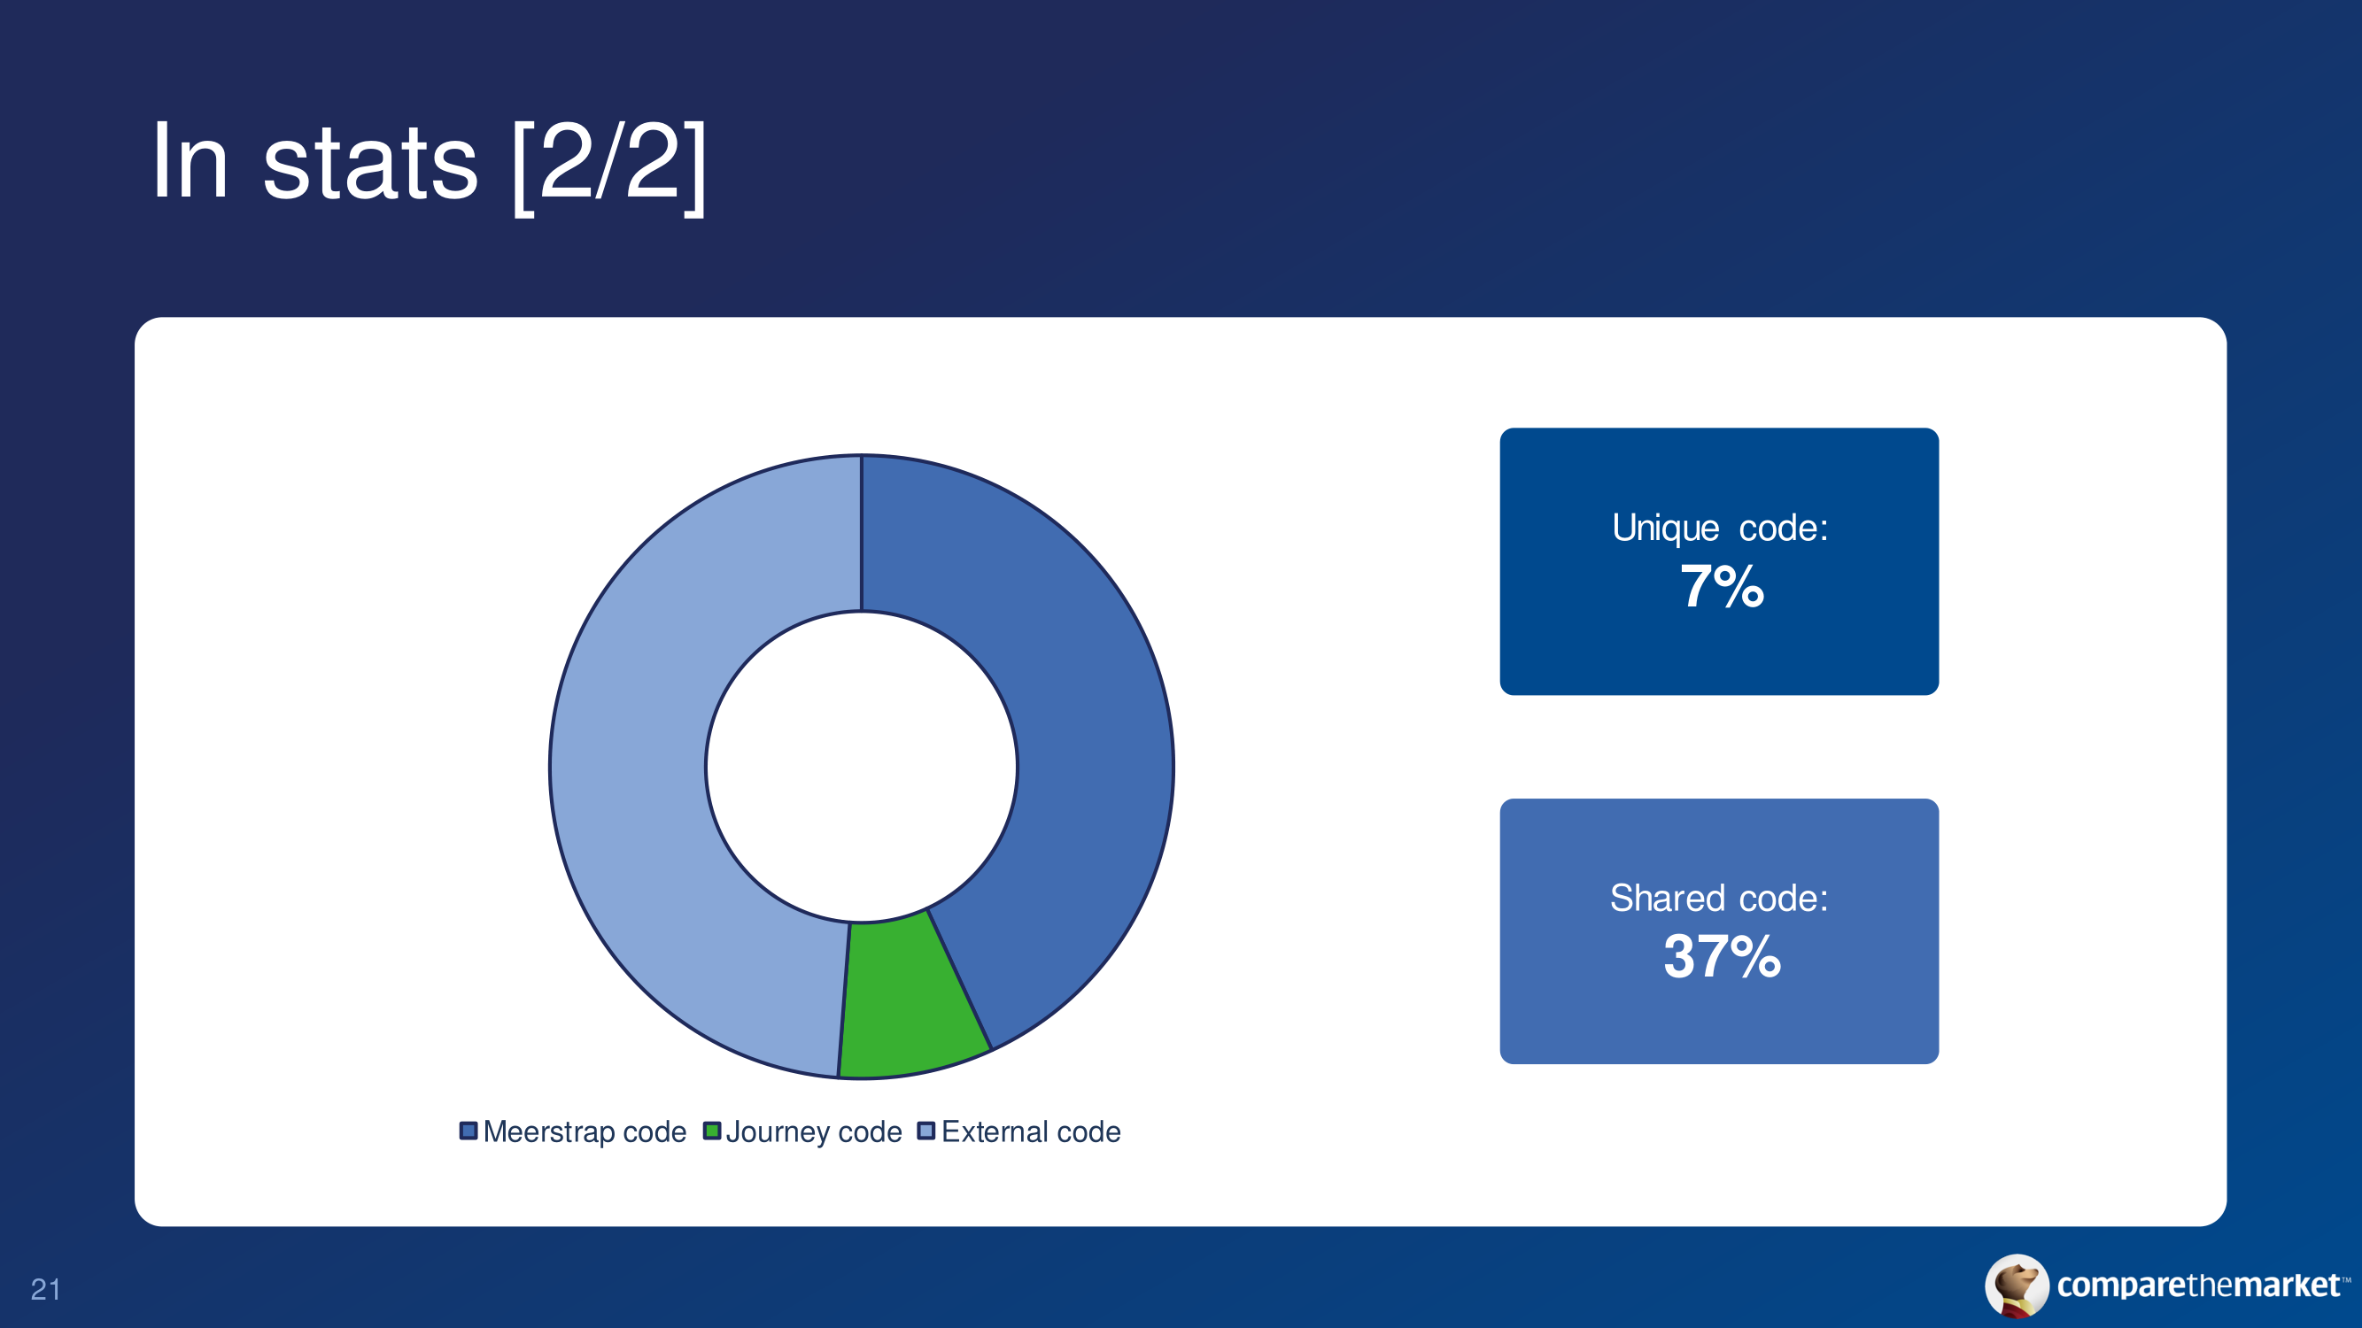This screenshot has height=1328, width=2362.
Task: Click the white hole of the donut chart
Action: click(862, 766)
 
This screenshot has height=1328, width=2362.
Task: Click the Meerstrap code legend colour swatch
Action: click(469, 1131)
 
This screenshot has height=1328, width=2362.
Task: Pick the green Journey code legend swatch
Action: click(711, 1131)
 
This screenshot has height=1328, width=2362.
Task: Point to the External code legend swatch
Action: click(926, 1131)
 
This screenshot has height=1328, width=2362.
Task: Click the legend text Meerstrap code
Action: click(585, 1131)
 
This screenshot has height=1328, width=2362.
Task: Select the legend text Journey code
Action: click(814, 1131)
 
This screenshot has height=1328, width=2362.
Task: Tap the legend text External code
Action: click(1032, 1131)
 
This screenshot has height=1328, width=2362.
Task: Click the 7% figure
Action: click(1722, 587)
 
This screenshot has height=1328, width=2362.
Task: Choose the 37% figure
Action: click(1722, 956)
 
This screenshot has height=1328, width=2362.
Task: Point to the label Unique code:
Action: click(1720, 528)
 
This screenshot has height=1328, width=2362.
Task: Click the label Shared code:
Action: click(1719, 898)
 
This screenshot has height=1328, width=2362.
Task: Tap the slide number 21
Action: click(46, 1290)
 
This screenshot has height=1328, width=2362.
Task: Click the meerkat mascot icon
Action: click(2017, 1286)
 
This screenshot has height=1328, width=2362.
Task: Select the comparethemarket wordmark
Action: click(2199, 1285)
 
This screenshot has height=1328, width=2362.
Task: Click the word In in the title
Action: click(190, 161)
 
